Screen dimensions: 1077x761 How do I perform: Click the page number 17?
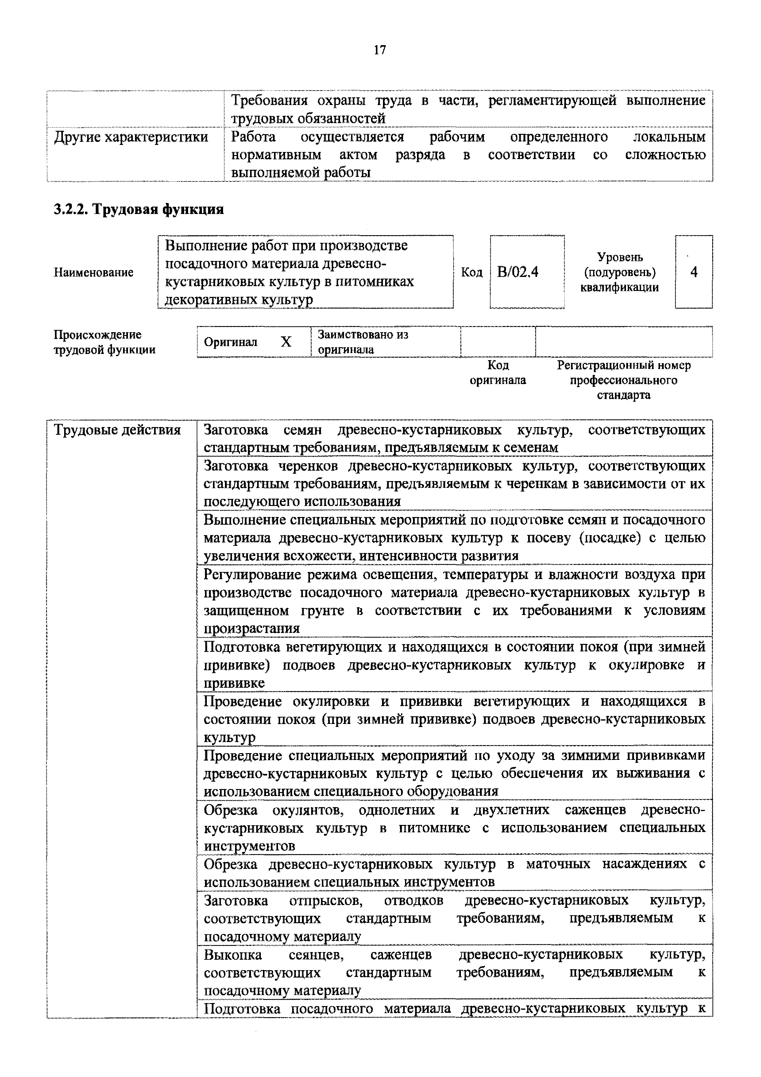380,50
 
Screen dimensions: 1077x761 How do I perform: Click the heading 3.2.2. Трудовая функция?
139,209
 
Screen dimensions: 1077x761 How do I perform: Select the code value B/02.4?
518,272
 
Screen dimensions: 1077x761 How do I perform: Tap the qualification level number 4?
693,272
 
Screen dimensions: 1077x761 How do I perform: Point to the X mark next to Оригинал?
286,342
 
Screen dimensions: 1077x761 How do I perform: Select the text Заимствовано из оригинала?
362,342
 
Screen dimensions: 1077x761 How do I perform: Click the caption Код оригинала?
498,372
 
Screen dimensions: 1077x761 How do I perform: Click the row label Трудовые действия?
117,430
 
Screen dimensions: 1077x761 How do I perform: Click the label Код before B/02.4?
472,272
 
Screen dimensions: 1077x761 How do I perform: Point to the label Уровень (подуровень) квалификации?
620,272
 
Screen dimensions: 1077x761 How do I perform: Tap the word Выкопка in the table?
233,955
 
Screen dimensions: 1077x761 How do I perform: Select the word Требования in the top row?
270,100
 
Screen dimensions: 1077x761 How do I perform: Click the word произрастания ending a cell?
252,628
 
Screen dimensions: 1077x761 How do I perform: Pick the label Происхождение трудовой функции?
104,342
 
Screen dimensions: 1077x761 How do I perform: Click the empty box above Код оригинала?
498,342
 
